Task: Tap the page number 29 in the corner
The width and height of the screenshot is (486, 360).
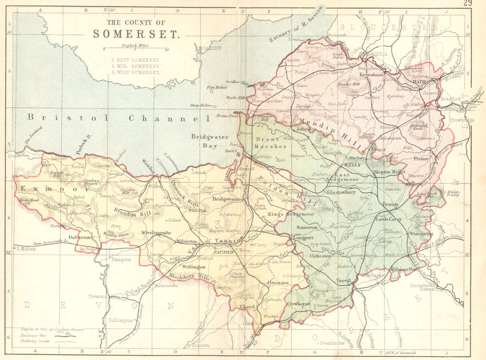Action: (468, 4)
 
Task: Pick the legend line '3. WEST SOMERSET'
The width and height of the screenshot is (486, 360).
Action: (136, 72)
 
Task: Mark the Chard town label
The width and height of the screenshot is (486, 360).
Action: (248, 307)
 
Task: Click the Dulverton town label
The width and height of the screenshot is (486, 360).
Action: (79, 237)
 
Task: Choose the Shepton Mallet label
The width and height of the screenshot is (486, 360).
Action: (389, 171)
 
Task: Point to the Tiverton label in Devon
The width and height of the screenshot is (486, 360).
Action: (98, 296)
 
